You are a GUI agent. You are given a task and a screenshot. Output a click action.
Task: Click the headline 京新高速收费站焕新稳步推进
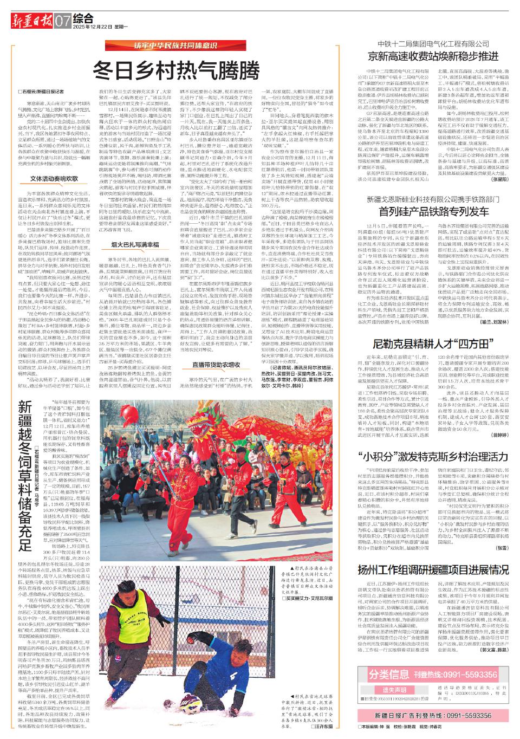[433, 56]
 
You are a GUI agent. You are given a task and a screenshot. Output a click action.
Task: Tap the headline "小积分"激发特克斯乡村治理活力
[433, 456]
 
